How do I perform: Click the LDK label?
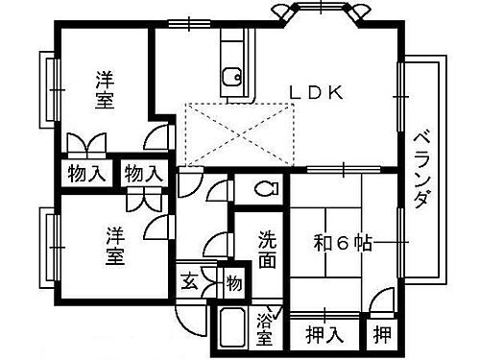316,92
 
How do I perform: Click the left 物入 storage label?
84,175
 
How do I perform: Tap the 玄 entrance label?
190,283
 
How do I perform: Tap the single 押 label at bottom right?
382,336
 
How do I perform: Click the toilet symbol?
266,187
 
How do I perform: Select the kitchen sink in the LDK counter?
231,76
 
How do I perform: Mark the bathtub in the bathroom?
231,331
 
